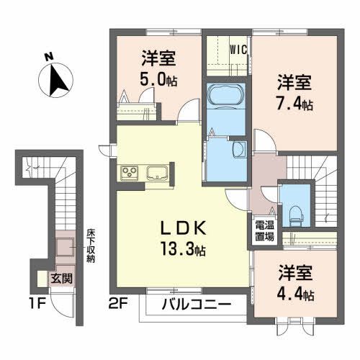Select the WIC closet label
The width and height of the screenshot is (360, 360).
(x=238, y=50)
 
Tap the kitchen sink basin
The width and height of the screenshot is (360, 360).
(x=157, y=173)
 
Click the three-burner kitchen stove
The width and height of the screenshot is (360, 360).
(x=132, y=173)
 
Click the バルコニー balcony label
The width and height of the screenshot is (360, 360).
(x=196, y=305)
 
